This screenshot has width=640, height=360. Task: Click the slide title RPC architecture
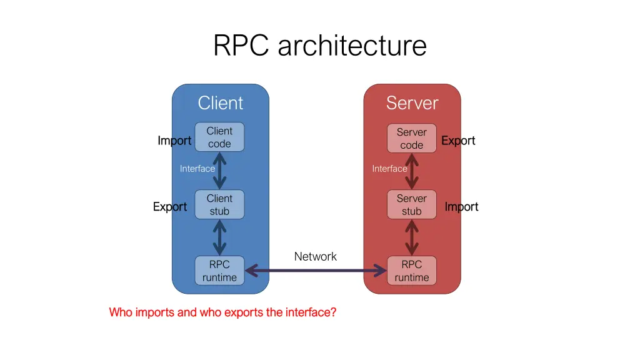point(319,46)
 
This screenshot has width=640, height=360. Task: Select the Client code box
point(219,137)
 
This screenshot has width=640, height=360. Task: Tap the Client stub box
point(219,204)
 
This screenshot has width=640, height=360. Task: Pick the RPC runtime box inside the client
point(219,271)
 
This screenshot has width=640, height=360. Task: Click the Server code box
point(412,138)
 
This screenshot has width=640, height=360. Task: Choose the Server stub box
point(412,204)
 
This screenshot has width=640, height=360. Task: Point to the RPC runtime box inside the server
point(412,271)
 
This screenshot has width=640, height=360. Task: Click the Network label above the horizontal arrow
point(315,256)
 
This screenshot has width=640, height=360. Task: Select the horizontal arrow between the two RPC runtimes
point(316,271)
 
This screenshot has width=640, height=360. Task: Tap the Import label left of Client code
point(174,141)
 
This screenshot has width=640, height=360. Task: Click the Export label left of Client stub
point(170,207)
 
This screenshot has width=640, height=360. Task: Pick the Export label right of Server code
point(458,141)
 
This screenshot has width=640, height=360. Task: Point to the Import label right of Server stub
point(461,207)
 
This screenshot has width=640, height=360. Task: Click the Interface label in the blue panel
point(197,169)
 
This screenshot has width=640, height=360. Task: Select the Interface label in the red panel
point(389,169)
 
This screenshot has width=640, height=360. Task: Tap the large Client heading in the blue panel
point(221,103)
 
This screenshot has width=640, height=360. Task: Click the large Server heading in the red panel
point(412,103)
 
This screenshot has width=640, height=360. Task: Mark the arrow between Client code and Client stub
point(219,171)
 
